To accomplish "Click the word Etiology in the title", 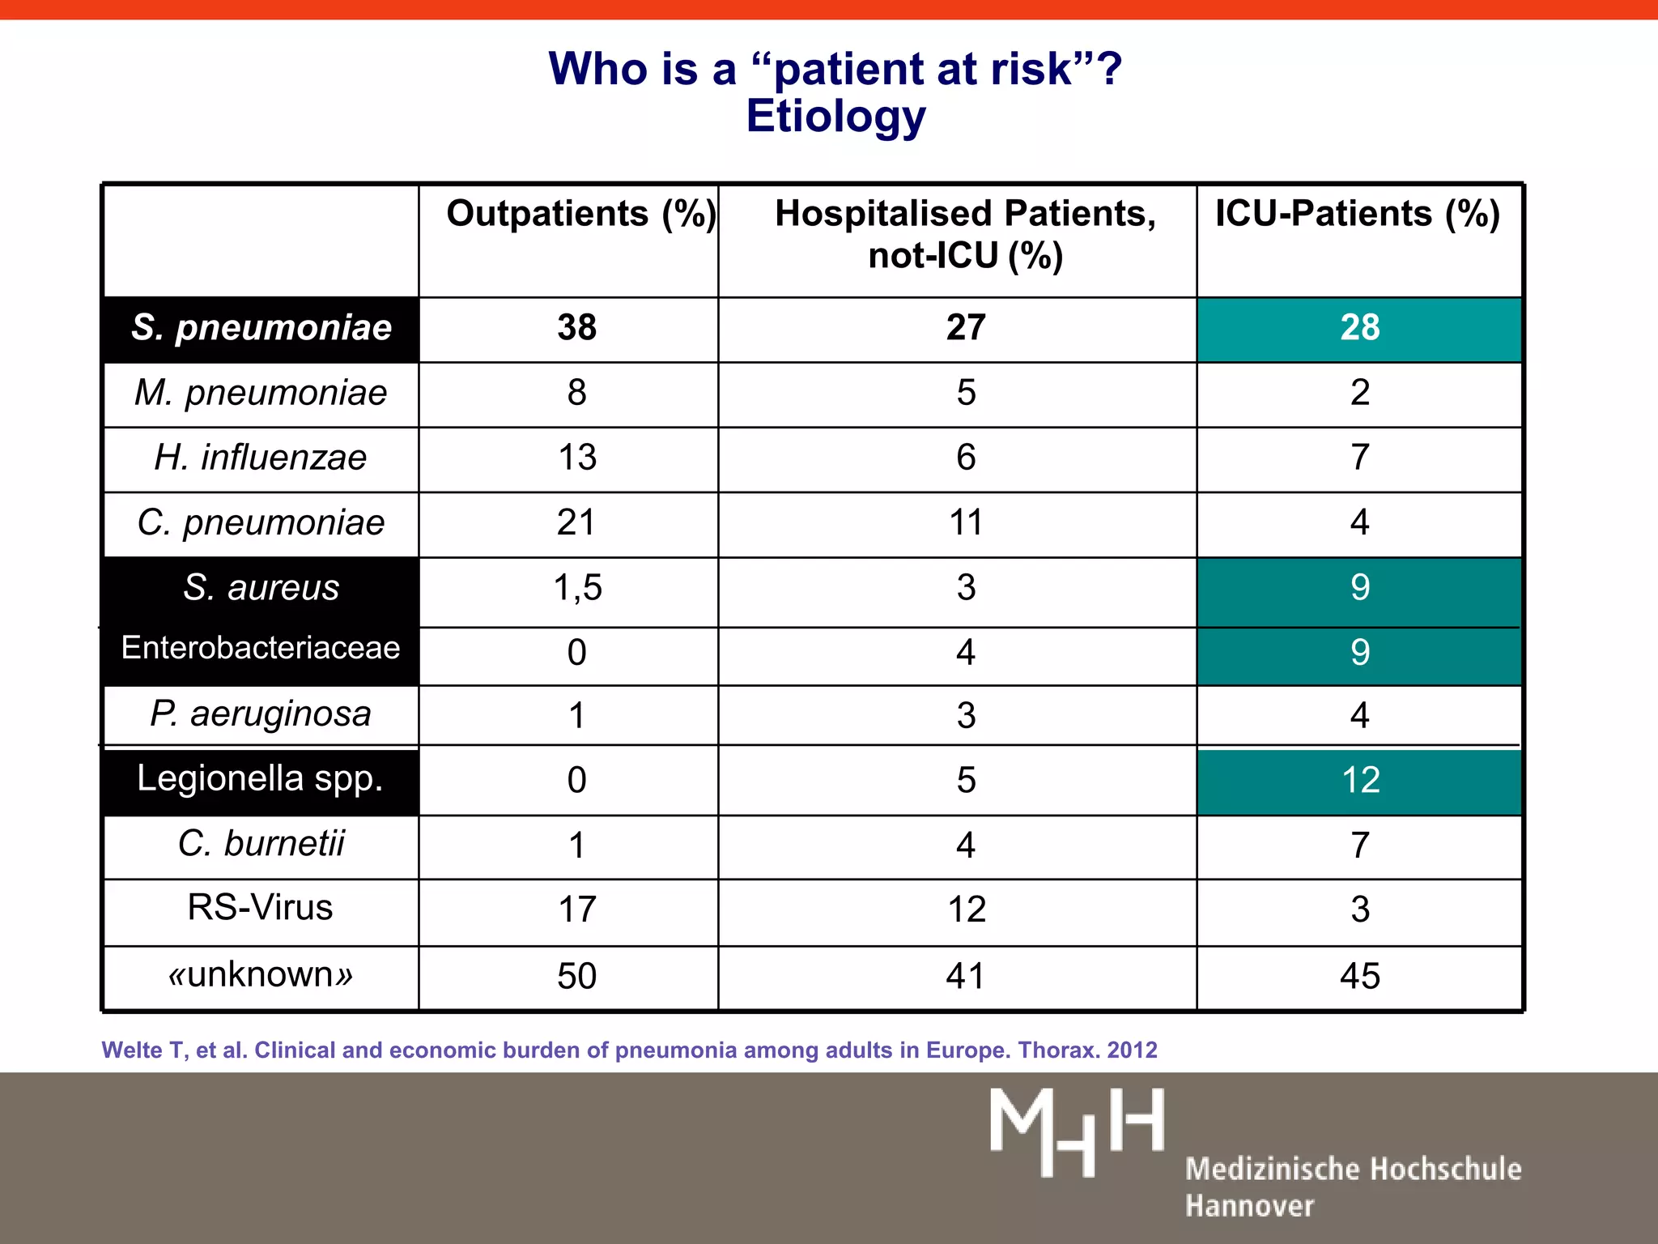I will click(835, 117).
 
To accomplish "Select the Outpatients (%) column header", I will click(580, 215).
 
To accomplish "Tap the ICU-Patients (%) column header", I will click(1358, 215).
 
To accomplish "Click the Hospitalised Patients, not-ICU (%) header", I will click(965, 235).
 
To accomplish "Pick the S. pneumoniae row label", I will click(261, 328).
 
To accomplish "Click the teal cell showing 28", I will click(1359, 328).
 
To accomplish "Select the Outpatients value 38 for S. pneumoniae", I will click(576, 328).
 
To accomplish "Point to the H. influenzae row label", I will click(261, 458).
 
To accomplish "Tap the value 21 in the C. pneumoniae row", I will click(576, 522).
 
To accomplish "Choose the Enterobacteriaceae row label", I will click(261, 648).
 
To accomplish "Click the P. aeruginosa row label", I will click(261, 714).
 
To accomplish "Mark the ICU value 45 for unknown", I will click(1359, 976).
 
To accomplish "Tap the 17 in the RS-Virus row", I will click(577, 910).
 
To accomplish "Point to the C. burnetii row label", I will click(261, 844).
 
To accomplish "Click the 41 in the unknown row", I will click(965, 976).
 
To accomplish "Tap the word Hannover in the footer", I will click(1249, 1206).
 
